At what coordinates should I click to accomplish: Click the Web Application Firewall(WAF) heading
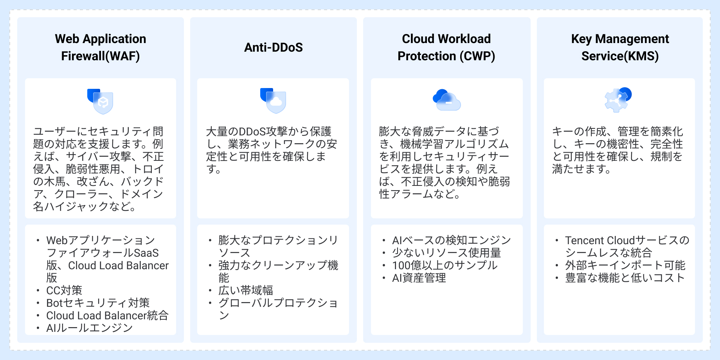pos(101,47)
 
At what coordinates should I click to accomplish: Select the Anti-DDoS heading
pos(274,47)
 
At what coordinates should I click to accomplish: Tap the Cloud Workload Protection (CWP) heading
pos(446,47)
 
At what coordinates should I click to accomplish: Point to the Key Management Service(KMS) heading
pos(620,47)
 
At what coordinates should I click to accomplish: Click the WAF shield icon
pos(100,101)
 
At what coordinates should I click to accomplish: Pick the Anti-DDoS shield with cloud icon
pos(273,101)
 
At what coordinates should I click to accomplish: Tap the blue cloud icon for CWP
pos(447,100)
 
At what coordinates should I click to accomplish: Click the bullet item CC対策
pos(64,290)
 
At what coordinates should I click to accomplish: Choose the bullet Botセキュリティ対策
pos(98,303)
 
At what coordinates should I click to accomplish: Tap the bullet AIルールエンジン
pos(90,328)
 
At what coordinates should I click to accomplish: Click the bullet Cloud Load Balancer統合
pos(107,315)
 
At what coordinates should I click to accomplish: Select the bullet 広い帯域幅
pos(246,290)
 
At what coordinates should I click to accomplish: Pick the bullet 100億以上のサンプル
pos(445,265)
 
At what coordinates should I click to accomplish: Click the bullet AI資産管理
pos(419,278)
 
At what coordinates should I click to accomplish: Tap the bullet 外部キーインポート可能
pos(625,265)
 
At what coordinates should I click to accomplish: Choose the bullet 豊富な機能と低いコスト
pos(625,278)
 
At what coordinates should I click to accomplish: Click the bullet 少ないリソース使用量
pos(446,253)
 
